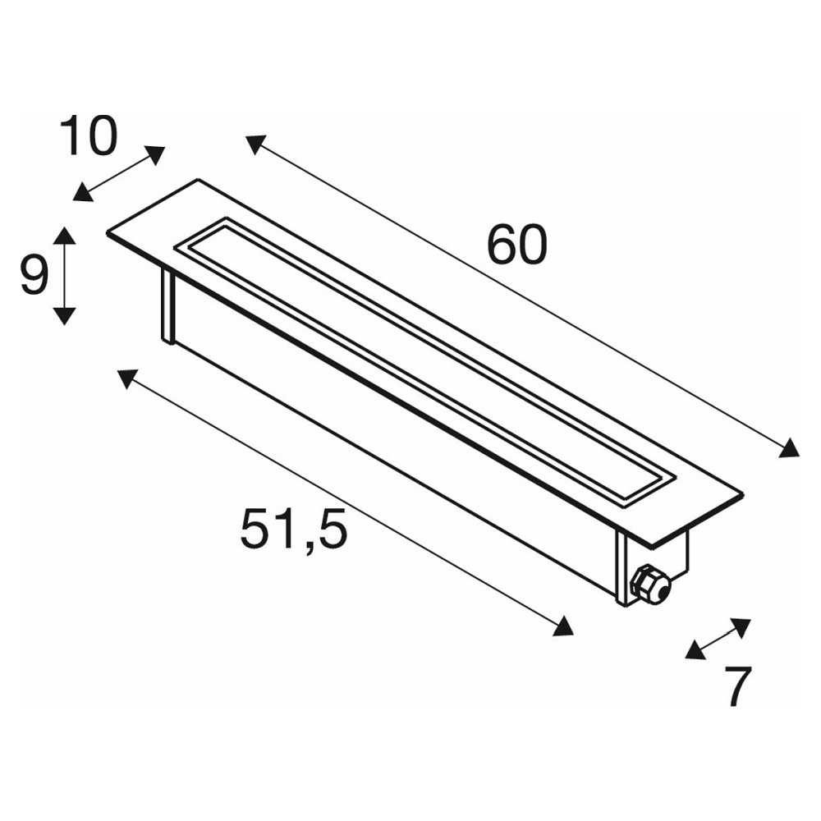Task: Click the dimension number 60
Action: [x=516, y=245]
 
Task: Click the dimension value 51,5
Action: [x=293, y=529]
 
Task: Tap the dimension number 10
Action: [x=88, y=135]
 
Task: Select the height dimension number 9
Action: [x=34, y=275]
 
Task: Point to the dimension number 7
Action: [x=737, y=686]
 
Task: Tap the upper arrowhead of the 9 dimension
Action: [x=64, y=236]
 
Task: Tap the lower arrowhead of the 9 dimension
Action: [x=64, y=317]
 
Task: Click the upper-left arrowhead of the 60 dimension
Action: [x=256, y=144]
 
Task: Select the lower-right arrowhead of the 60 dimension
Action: [x=789, y=448]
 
